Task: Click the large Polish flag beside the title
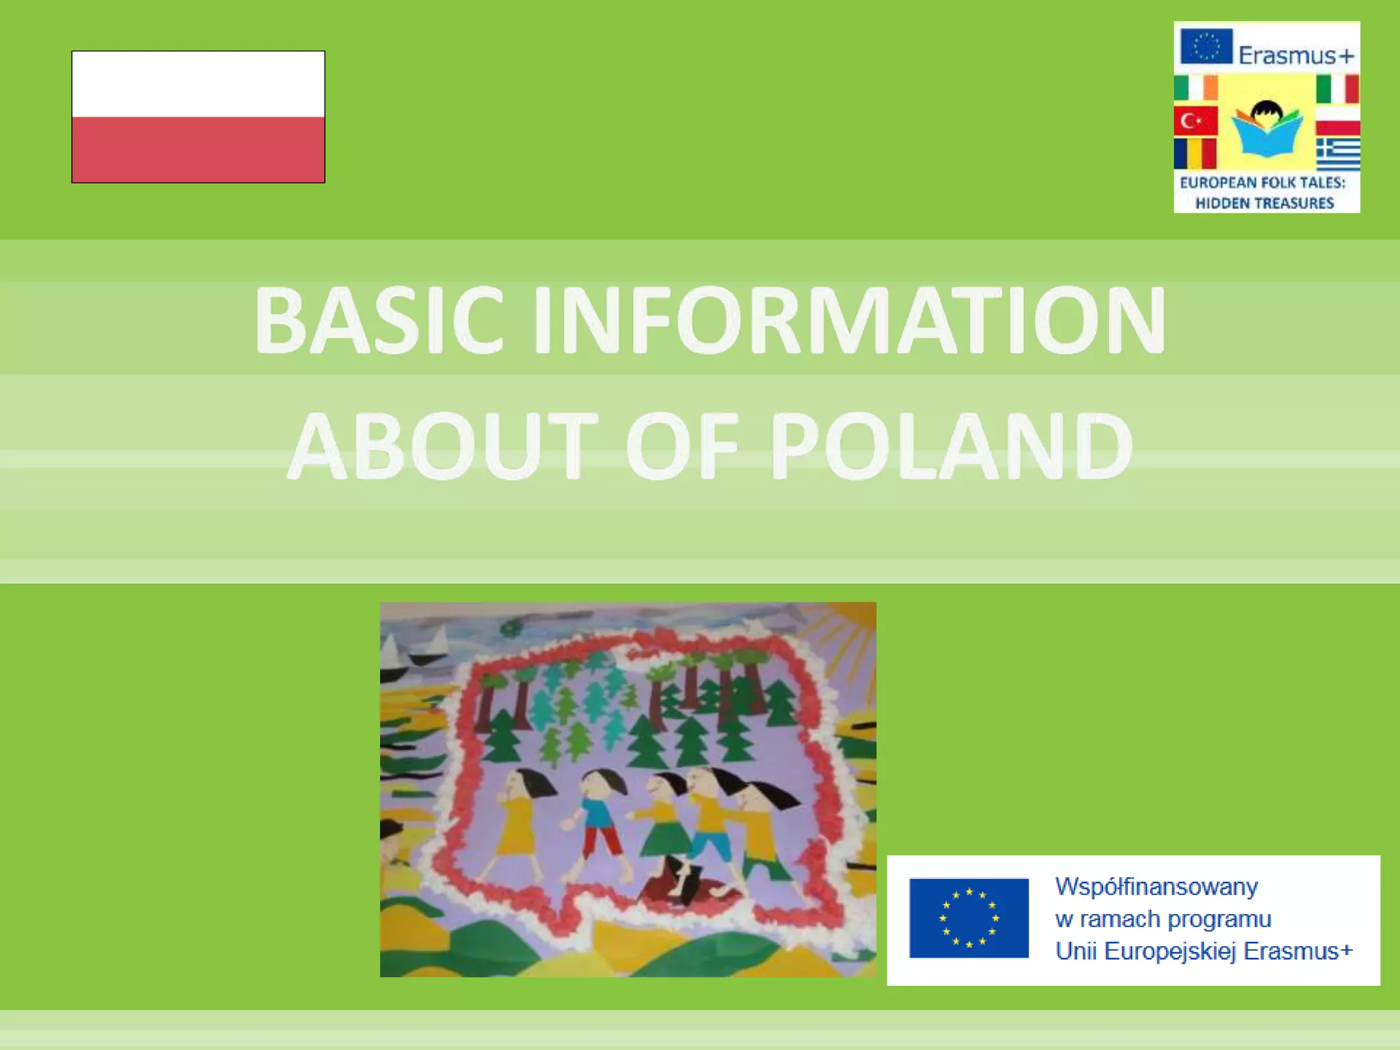(198, 117)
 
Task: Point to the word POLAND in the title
(952, 446)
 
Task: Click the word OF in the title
(682, 446)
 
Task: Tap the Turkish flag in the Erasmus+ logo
(1196, 121)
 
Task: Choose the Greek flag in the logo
(1338, 154)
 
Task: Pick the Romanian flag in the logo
(1196, 154)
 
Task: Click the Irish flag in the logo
(1196, 88)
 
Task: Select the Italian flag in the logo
(1338, 88)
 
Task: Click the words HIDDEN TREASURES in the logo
(1265, 203)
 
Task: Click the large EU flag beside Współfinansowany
(969, 918)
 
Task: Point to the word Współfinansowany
(1156, 887)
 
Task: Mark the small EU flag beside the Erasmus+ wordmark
(1207, 46)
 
